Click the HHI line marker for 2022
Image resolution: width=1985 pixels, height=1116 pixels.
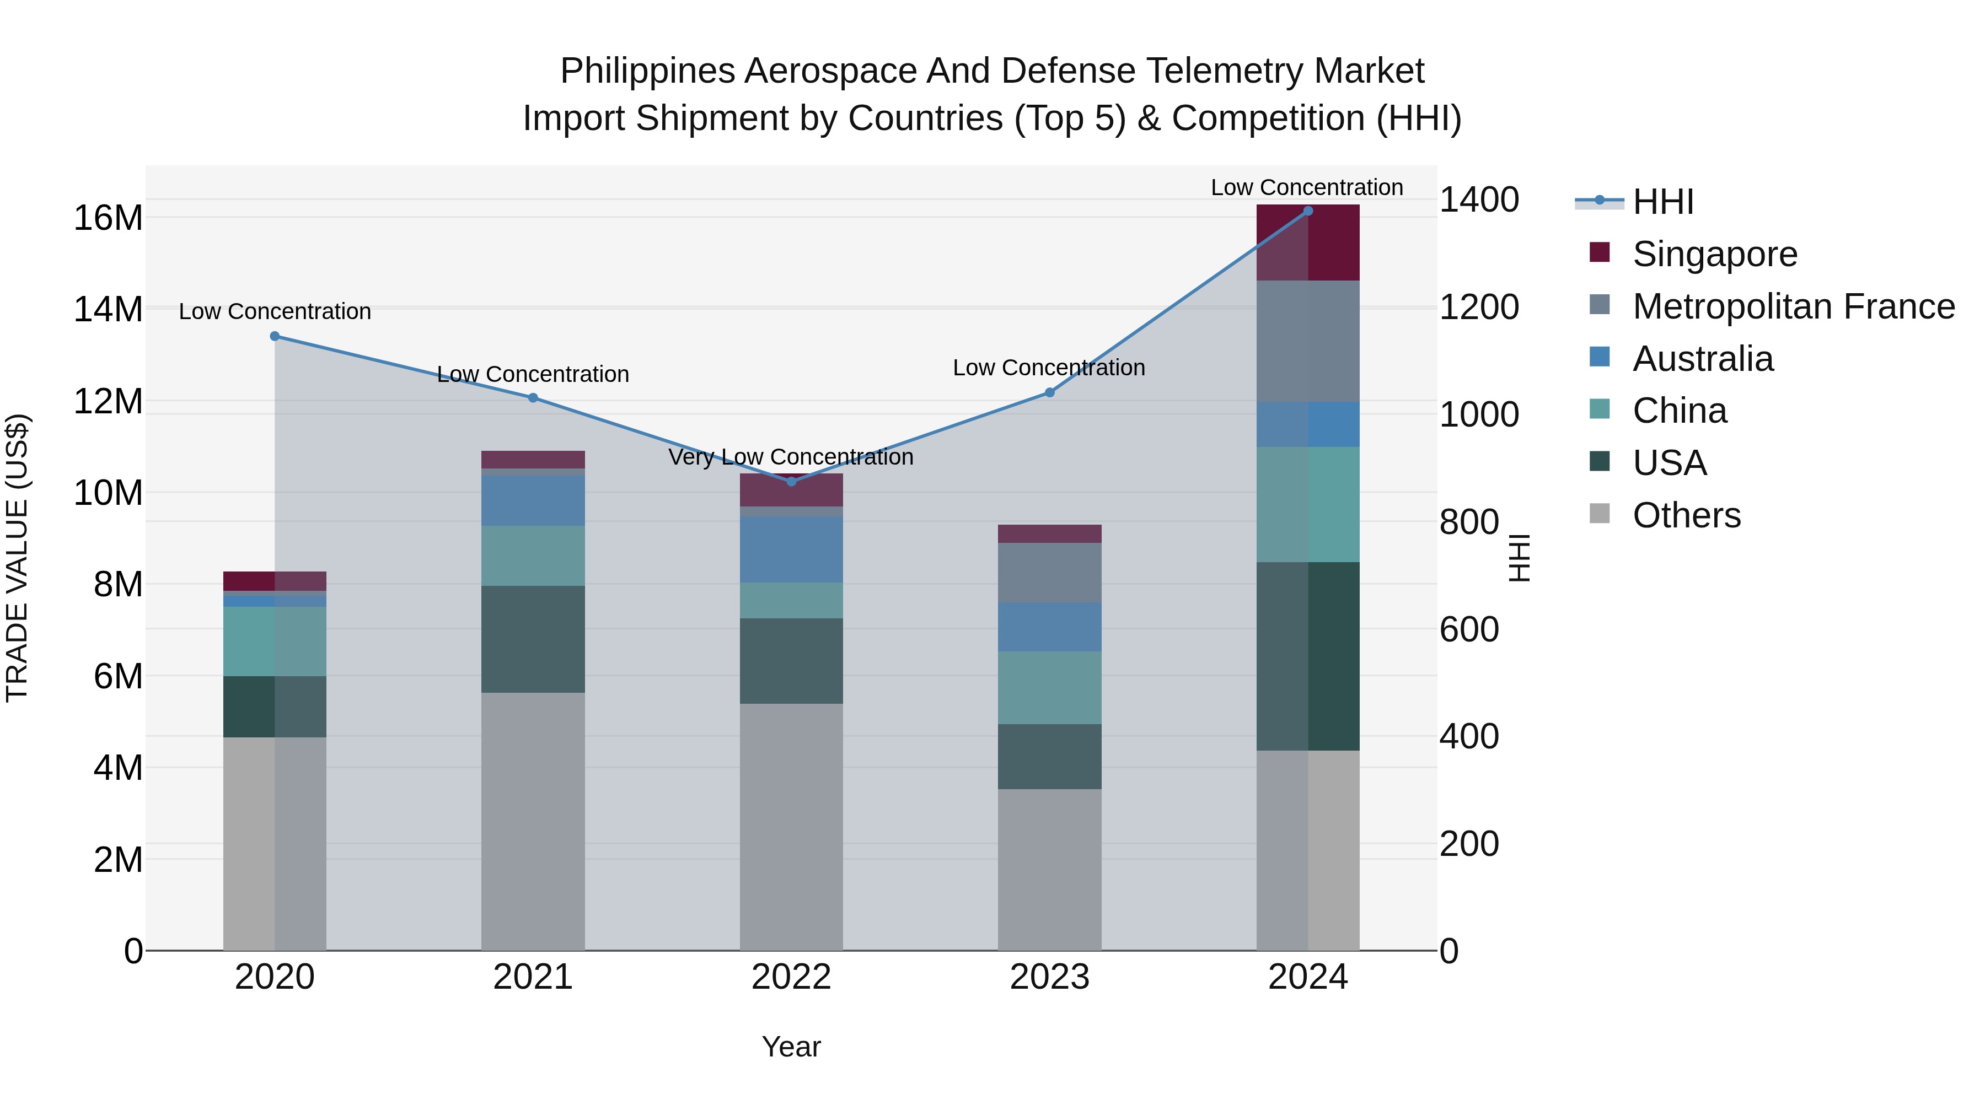pos(791,481)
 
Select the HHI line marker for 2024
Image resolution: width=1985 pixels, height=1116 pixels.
pos(1308,211)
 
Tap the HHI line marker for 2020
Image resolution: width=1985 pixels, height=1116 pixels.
pos(275,336)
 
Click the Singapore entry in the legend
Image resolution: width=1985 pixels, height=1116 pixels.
pos(1714,254)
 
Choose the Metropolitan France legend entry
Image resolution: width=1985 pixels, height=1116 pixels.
pos(1793,306)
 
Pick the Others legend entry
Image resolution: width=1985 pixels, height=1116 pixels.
pos(1686,515)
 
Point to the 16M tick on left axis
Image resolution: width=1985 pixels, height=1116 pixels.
pos(108,218)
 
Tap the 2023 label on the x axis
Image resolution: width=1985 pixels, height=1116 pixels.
pos(1049,977)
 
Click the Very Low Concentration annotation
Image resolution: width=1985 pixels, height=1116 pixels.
pos(791,457)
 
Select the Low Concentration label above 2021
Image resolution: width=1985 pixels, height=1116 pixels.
pos(533,374)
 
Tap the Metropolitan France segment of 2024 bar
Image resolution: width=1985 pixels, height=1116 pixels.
pos(1308,341)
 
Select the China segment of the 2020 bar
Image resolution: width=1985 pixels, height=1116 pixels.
pos(275,641)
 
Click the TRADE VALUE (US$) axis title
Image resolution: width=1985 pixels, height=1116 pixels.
pos(18,558)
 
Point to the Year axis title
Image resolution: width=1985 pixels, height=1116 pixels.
pos(791,1047)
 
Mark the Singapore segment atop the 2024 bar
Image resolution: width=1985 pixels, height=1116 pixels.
pos(1308,242)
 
